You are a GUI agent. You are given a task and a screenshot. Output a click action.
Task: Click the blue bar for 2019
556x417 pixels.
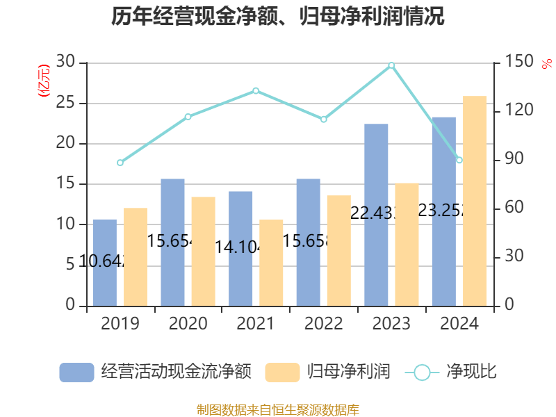[105, 263]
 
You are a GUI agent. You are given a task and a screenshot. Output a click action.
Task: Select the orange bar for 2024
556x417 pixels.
[475, 201]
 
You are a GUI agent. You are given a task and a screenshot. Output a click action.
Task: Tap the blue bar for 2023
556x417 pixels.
[376, 215]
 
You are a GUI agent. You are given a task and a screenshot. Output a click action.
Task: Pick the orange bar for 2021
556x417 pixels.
[271, 263]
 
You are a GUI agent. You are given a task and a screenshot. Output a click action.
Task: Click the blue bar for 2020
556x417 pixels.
[172, 243]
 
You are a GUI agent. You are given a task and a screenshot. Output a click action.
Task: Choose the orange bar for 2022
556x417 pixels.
[339, 251]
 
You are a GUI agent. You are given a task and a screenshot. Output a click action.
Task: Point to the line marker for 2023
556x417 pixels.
[391, 65]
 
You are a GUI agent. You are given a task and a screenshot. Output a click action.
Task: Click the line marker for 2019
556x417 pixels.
[120, 163]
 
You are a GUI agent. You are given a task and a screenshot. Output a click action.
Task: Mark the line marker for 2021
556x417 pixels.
[256, 90]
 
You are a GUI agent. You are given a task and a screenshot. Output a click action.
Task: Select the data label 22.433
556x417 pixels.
[376, 213]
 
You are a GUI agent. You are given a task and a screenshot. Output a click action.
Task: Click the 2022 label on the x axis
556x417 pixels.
[323, 324]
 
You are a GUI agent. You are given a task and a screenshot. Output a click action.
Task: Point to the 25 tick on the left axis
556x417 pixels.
[66, 104]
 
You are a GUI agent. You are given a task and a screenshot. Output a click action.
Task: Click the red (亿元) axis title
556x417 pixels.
[43, 80]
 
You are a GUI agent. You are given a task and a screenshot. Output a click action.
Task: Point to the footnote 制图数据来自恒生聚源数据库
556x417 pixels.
[278, 409]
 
